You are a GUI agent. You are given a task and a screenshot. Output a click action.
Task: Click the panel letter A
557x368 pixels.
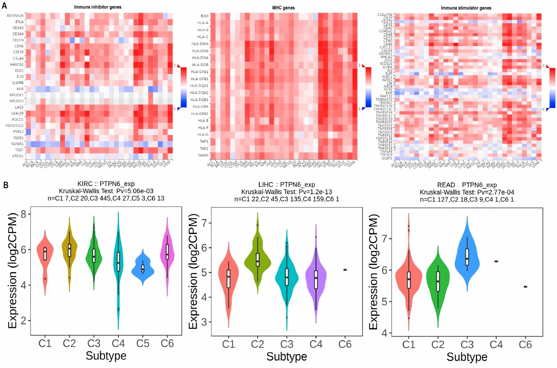tap(5, 3)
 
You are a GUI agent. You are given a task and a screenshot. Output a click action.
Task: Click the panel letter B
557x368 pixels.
tap(5, 185)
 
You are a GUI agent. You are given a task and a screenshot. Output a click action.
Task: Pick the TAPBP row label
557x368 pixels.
tap(203, 155)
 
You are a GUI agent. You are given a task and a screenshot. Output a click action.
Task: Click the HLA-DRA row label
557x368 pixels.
tap(202, 106)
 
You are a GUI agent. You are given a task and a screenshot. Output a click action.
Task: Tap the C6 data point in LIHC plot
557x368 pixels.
tap(345, 270)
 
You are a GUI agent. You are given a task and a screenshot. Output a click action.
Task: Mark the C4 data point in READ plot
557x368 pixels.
tap(496, 261)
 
